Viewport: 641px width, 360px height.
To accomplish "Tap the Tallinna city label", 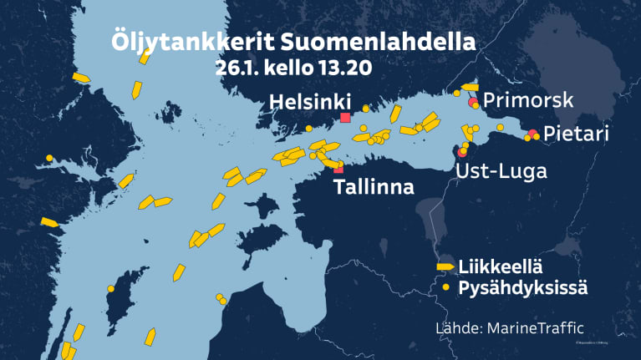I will pos(374,187).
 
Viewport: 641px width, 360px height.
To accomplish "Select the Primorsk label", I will pos(528,100).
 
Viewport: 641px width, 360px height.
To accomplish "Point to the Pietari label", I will pos(576,134).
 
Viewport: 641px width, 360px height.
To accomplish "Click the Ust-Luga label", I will pos(501,171).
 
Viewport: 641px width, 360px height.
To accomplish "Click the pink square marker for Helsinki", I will pos(344,118).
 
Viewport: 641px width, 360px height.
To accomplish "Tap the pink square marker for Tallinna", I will pos(338,170).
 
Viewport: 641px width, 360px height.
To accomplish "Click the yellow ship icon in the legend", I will pos(445,267).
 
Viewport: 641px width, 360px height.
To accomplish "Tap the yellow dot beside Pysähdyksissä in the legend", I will pos(445,287).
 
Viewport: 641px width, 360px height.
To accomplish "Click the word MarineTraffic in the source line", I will pos(532,327).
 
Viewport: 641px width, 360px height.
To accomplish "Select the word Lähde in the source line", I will pos(455,327).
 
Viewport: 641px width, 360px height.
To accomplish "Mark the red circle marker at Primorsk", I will pos(473,102).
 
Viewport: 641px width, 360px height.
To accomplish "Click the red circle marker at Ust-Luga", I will pos(463,151).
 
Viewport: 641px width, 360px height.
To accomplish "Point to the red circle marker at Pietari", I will pos(532,134).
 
